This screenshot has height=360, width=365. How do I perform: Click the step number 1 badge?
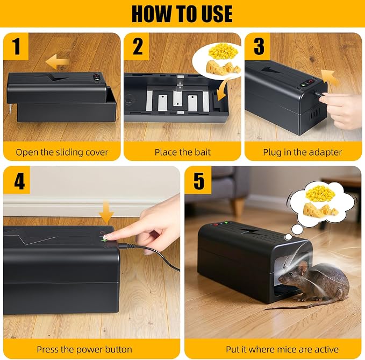point(16,46)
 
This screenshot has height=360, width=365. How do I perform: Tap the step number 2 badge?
point(137,46)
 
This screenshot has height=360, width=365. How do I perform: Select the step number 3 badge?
point(257,46)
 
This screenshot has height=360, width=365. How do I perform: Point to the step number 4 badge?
point(17,180)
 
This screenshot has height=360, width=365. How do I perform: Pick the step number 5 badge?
point(198,180)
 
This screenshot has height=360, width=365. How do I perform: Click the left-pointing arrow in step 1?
point(58,61)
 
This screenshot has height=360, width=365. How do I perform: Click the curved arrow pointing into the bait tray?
point(223,91)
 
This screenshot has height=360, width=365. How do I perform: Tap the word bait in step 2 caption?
point(203,152)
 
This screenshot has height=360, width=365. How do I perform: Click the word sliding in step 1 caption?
point(67,152)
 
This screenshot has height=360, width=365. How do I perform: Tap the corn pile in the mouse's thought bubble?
point(320,194)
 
